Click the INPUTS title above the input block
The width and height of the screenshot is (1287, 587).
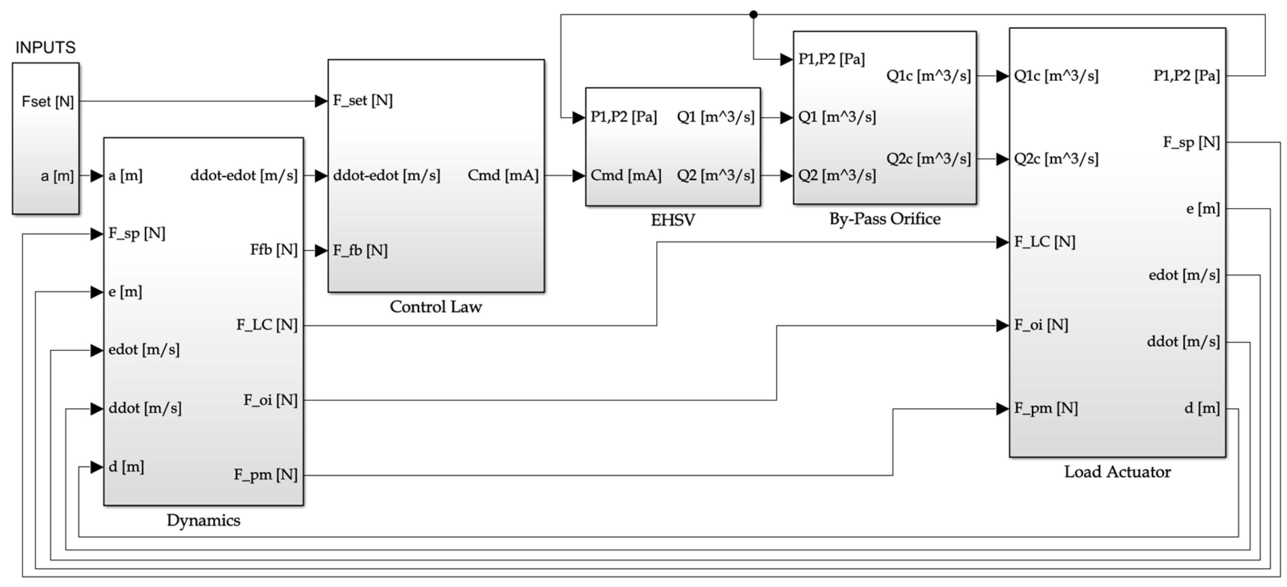45,47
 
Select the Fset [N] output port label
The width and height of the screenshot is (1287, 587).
48,102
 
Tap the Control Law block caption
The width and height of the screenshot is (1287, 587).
436,307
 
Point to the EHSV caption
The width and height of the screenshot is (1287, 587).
672,220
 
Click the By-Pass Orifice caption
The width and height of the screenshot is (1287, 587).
885,219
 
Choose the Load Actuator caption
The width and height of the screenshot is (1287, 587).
1117,471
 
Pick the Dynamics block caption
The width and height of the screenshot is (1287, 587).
203,520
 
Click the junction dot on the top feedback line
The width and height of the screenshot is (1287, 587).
753,14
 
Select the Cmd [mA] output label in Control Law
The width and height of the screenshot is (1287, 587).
503,175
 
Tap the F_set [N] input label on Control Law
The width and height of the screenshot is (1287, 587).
363,100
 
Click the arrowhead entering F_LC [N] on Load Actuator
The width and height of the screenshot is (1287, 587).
1002,242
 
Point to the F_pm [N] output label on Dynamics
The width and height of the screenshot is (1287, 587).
266,475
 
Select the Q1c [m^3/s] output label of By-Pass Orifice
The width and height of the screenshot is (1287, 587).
929,76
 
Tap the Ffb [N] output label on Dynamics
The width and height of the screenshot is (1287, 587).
274,249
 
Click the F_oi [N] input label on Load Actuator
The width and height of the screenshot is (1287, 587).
1041,325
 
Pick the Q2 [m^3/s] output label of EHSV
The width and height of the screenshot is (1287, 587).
716,175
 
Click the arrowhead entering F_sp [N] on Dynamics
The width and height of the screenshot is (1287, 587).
97,233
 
